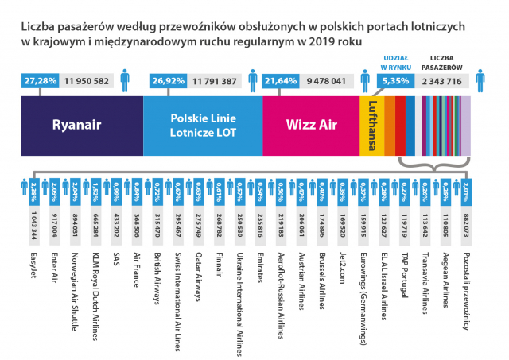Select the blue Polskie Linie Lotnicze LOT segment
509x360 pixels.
[202, 124]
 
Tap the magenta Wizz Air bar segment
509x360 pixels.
[310, 124]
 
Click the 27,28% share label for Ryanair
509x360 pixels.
[40, 81]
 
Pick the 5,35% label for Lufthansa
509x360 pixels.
[395, 81]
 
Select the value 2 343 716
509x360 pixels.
[442, 81]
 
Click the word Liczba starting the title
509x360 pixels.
[38, 26]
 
